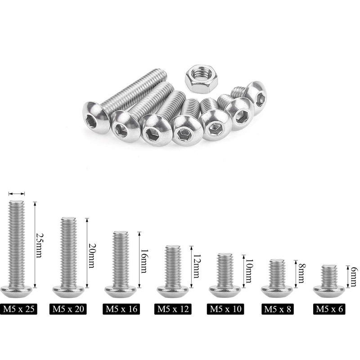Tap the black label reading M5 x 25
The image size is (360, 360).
point(18,309)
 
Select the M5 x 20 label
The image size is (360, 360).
point(68,309)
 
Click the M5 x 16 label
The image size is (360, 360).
point(121,309)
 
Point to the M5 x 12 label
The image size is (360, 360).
point(173,309)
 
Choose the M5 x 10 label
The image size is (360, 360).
point(225,309)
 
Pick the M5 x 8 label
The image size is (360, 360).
point(278,309)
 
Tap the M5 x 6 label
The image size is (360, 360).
point(329,309)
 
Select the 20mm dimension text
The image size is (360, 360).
point(92,256)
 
